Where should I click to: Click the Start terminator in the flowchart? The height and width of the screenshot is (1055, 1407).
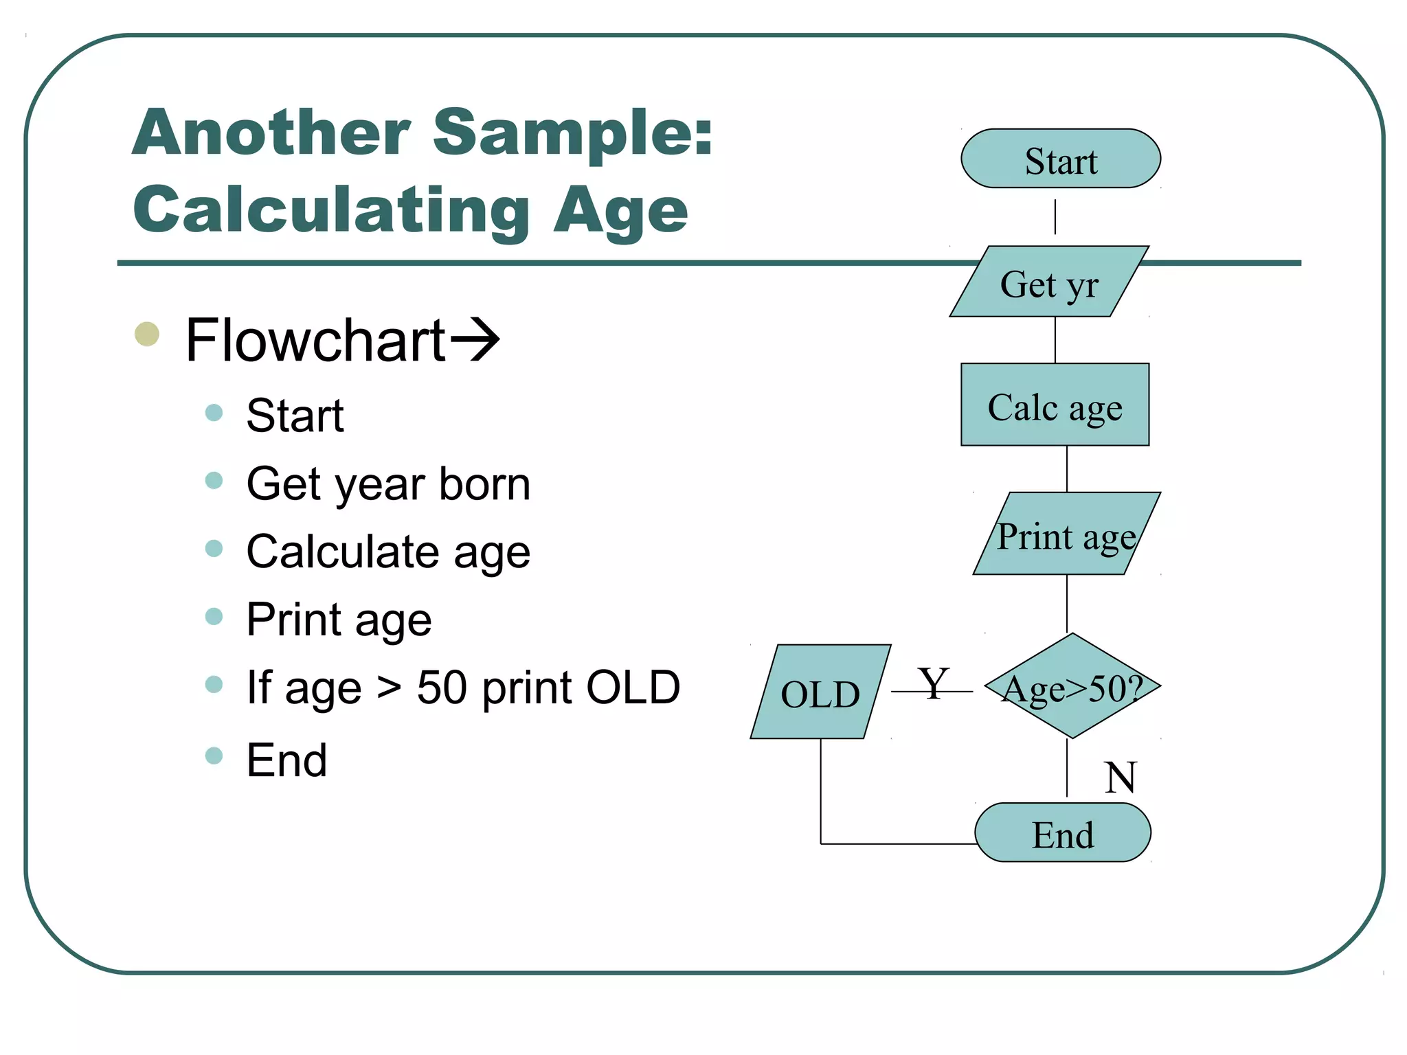click(1060, 159)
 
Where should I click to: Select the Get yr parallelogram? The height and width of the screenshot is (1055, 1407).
click(1049, 282)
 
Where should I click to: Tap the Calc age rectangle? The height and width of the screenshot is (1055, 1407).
click(1055, 405)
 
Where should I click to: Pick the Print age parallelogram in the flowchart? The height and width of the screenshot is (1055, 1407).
click(1066, 534)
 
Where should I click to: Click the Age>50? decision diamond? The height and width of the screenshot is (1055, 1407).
click(1072, 686)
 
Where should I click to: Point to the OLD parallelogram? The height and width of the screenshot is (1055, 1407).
click(820, 692)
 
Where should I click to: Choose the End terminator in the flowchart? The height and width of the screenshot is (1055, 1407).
click(1062, 832)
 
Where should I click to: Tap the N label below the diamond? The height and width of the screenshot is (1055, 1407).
click(1120, 777)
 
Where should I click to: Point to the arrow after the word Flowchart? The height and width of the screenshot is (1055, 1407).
click(474, 339)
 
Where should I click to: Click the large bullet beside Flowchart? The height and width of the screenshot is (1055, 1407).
click(147, 334)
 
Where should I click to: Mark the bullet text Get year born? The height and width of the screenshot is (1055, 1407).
click(388, 484)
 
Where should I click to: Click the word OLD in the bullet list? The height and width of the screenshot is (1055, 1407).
click(632, 687)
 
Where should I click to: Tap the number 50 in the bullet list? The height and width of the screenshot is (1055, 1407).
click(442, 687)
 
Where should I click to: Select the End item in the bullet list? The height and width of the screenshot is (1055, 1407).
click(286, 760)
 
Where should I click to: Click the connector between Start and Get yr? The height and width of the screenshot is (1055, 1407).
click(1055, 217)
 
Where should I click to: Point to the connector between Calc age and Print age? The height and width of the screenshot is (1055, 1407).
click(1067, 468)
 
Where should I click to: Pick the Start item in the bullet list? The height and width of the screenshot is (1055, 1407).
click(295, 416)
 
